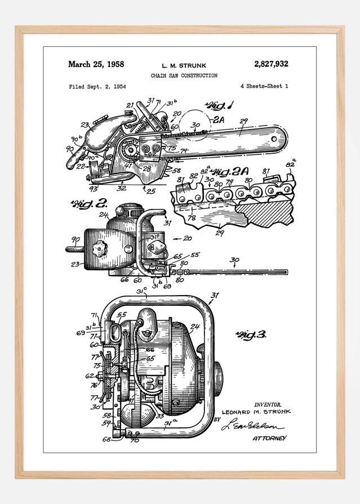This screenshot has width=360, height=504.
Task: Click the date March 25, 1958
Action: tap(96, 64)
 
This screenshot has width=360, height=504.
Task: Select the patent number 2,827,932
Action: tap(270, 64)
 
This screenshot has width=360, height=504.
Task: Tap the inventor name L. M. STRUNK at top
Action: tap(183, 65)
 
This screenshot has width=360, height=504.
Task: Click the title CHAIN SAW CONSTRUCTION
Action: tap(184, 75)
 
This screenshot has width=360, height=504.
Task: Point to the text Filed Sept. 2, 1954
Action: tap(97, 87)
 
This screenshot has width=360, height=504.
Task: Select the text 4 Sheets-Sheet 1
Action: tap(264, 87)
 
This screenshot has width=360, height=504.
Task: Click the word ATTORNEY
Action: tap(269, 438)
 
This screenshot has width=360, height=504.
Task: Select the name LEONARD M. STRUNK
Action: tap(257, 412)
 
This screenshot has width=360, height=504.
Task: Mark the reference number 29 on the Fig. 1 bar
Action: tap(243, 121)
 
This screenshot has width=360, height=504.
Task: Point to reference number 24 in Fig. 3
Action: tap(195, 327)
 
